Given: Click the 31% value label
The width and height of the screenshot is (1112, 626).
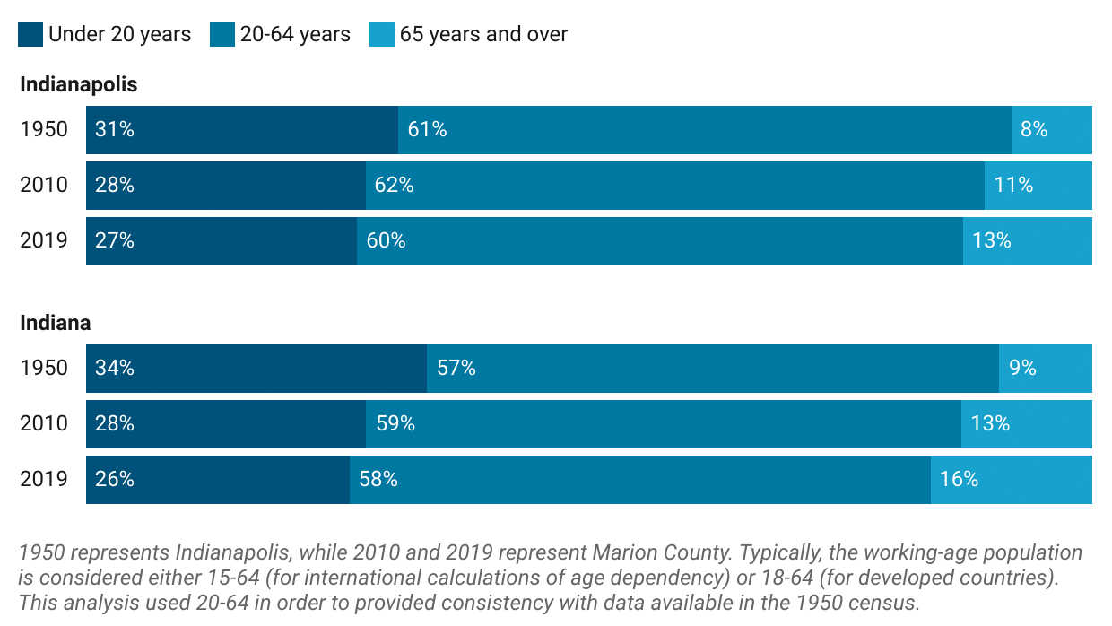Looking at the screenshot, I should (x=115, y=130).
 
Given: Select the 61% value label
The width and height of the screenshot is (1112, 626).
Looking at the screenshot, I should (x=427, y=130).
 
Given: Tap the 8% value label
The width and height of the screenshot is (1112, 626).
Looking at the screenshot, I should (x=1034, y=130).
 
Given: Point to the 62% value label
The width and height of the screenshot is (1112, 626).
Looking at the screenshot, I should (x=394, y=186).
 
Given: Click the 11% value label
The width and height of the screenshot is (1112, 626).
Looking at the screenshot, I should (x=1013, y=186).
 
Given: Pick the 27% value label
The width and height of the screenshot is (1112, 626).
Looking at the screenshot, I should (x=115, y=241).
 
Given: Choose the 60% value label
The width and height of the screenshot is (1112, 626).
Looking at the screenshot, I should (x=386, y=241).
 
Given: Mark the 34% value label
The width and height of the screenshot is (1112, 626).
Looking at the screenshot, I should (x=115, y=369).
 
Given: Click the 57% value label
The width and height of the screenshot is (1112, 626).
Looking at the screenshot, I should (x=456, y=369).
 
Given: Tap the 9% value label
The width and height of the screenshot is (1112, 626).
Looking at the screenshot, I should (x=1022, y=369).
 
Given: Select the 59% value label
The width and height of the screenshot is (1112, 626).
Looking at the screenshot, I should (x=395, y=424).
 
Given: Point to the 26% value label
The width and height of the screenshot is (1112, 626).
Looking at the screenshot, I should (x=115, y=480).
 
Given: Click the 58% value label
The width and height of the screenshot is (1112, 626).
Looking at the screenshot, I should (x=378, y=480).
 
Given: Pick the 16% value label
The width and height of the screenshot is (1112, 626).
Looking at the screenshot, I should (x=959, y=480).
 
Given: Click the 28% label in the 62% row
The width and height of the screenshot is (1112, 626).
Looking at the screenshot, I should (x=115, y=186).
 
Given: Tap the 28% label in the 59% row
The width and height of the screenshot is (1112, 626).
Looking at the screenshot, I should (x=115, y=424).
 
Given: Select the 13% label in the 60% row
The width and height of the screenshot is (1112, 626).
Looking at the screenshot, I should (x=992, y=241).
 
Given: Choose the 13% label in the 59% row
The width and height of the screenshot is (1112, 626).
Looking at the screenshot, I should (x=990, y=424).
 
